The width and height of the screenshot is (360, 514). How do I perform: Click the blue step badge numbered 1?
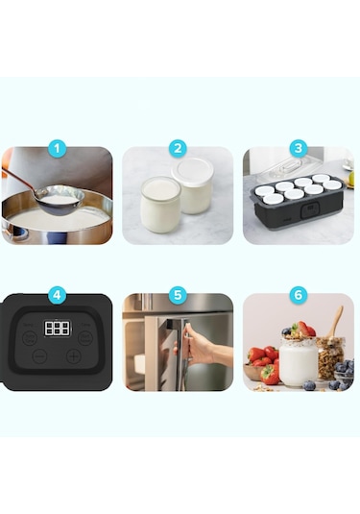tap(57, 149)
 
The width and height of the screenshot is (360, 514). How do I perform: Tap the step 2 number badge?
tap(178, 149)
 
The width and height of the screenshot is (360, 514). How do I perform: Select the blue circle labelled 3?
tap(299, 149)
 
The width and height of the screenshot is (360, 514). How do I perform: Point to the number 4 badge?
tap(57, 295)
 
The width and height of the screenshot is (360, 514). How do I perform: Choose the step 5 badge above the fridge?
tap(178, 295)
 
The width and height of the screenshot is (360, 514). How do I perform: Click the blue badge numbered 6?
tap(299, 295)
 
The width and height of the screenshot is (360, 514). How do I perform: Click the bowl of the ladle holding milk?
tap(60, 199)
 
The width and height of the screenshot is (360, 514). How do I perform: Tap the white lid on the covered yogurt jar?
tap(193, 171)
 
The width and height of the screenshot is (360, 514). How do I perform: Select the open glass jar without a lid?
tap(160, 205)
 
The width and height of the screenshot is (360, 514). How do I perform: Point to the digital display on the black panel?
tap(57, 329)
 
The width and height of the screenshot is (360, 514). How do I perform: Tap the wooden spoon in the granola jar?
tap(335, 322)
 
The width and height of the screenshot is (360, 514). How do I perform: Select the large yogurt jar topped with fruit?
tap(299, 360)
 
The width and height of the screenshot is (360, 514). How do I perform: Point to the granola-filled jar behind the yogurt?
tap(330, 357)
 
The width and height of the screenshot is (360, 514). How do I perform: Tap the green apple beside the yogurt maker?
tap(350, 179)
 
